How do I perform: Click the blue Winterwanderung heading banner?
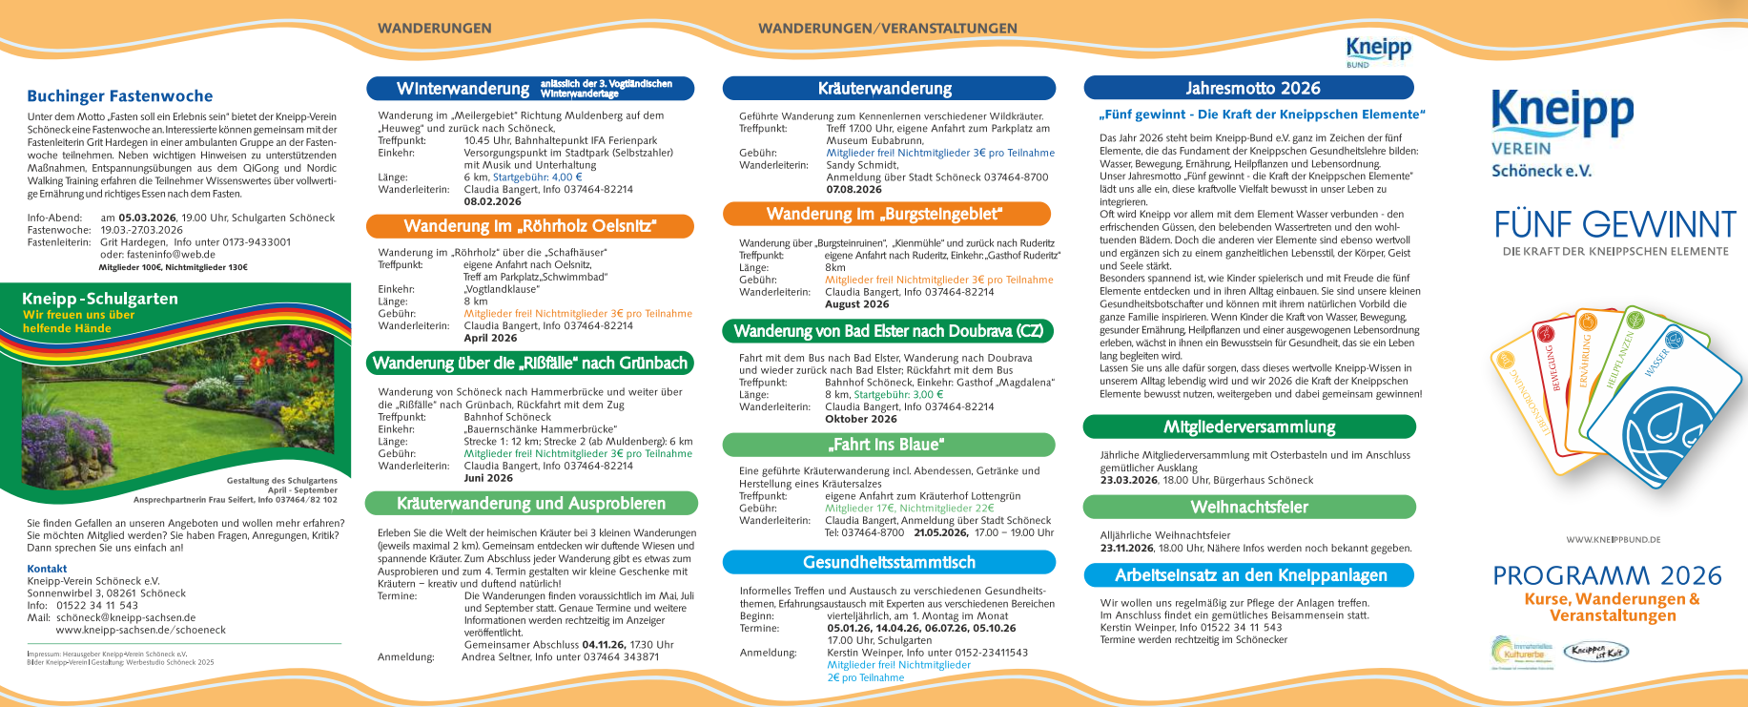(530, 89)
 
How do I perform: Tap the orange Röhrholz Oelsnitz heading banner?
(530, 226)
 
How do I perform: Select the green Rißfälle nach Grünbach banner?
(530, 364)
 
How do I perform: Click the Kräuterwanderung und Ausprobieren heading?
(531, 504)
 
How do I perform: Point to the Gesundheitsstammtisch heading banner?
(889, 563)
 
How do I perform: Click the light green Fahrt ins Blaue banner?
(889, 445)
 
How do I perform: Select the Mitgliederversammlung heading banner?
(1249, 426)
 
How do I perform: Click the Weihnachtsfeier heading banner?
(1249, 507)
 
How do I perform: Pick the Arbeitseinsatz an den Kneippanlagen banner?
(1250, 575)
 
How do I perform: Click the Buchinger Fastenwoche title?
(120, 96)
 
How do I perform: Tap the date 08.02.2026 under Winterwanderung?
(492, 201)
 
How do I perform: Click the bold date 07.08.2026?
(854, 189)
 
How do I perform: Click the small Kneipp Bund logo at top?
(1378, 50)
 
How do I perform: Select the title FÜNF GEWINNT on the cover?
(1614, 225)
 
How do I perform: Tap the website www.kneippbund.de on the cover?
(1613, 540)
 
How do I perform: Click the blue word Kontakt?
(47, 569)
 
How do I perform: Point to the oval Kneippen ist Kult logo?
(1596, 652)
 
